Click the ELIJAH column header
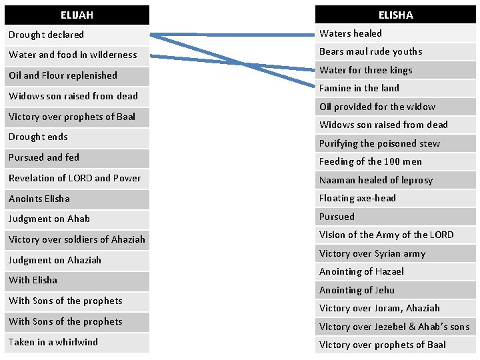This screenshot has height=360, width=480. (x=77, y=15)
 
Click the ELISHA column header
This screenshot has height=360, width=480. (x=395, y=15)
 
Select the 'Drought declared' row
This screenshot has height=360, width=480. (x=47, y=35)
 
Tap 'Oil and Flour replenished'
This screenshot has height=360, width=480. (x=63, y=75)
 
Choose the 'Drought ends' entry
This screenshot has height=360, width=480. (x=38, y=137)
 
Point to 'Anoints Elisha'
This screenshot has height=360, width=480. (x=39, y=199)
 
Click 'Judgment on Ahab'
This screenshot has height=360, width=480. (x=49, y=219)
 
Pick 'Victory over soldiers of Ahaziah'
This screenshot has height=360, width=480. (x=77, y=239)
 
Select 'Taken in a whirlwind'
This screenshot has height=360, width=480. (x=53, y=342)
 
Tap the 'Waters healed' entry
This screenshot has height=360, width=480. (x=351, y=33)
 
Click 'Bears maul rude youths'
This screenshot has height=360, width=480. (x=371, y=51)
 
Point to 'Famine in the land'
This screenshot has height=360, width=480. (x=359, y=88)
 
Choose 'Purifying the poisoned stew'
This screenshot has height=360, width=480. (x=379, y=143)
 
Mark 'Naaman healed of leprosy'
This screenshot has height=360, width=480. (x=376, y=180)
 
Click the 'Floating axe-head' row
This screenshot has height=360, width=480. (x=357, y=198)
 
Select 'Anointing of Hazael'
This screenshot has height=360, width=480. (x=361, y=271)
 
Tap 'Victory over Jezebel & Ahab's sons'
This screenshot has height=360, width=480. (x=394, y=327)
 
